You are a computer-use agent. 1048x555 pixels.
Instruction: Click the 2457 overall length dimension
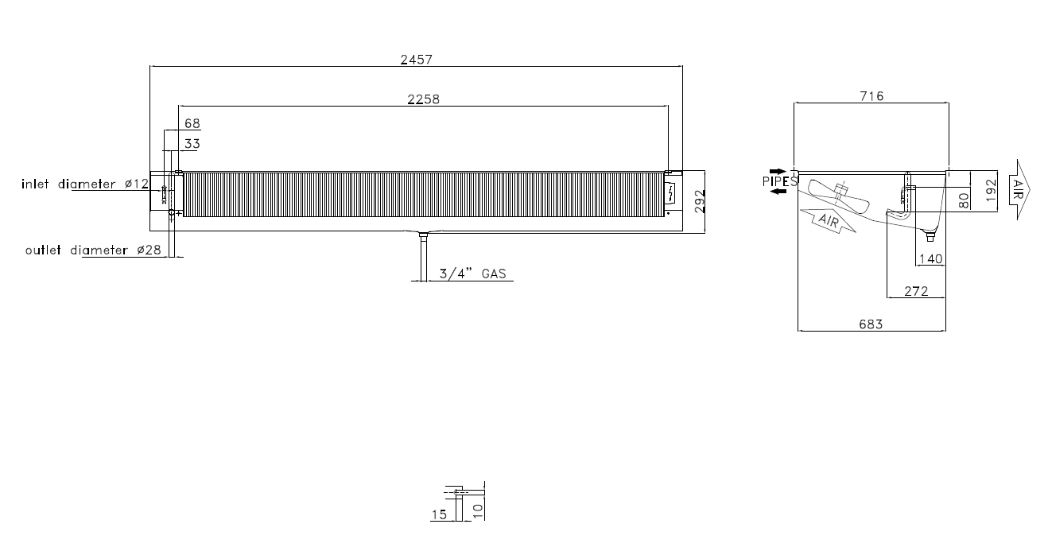click(x=417, y=60)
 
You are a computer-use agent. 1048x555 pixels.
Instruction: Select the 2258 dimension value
click(x=423, y=99)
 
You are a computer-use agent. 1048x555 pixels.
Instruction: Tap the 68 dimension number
click(x=192, y=123)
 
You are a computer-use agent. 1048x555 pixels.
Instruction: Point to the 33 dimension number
click(x=192, y=144)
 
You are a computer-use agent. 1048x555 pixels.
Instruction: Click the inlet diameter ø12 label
click(x=85, y=184)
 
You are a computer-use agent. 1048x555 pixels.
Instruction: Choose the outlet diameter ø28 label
click(x=93, y=250)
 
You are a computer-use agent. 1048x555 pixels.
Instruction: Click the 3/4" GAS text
click(x=473, y=274)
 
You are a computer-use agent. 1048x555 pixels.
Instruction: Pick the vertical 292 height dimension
click(x=700, y=201)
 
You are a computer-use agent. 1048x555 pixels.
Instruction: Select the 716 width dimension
click(x=871, y=96)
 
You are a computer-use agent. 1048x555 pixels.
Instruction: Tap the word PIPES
click(x=780, y=181)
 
